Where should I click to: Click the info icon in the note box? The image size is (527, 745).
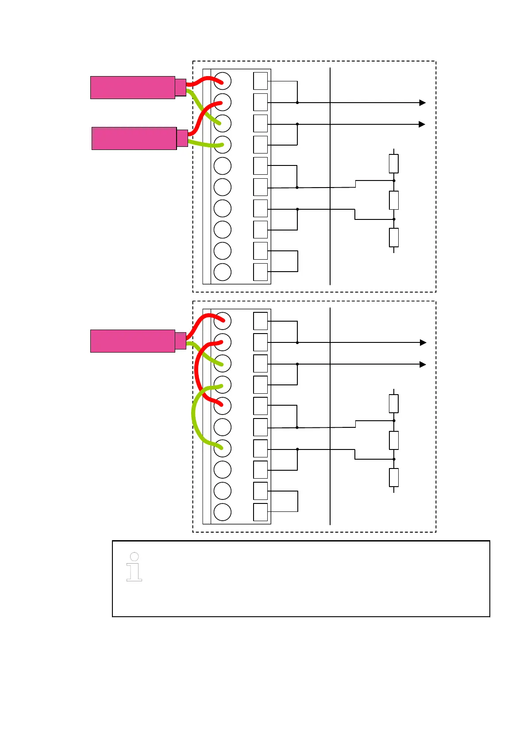pos(134,567)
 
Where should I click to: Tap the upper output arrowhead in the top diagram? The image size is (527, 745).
pos(422,103)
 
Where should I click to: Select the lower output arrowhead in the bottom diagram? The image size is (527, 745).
pos(423,365)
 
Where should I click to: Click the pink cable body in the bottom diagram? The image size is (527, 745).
pos(133,341)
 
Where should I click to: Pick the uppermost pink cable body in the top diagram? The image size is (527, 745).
pos(133,87)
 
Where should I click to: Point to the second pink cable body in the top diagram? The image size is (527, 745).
pos(134,138)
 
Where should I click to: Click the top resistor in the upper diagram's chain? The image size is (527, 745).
pos(393,163)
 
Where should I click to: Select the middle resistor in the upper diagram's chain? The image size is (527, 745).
pos(393,200)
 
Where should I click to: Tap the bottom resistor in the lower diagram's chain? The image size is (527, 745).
pos(393,477)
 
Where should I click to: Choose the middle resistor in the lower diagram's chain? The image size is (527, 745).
pos(393,440)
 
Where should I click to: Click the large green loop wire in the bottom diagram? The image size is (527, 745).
pos(193,416)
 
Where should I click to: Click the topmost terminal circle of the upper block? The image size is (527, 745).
pos(222,81)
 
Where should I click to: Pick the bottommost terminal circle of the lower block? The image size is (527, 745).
pos(222,512)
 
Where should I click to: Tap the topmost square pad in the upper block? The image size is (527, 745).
pos(260,81)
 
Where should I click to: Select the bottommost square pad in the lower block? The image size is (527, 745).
pos(260,512)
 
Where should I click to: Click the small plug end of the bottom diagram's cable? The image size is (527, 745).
pos(181,341)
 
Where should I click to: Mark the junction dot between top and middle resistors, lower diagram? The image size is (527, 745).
pos(394,421)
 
